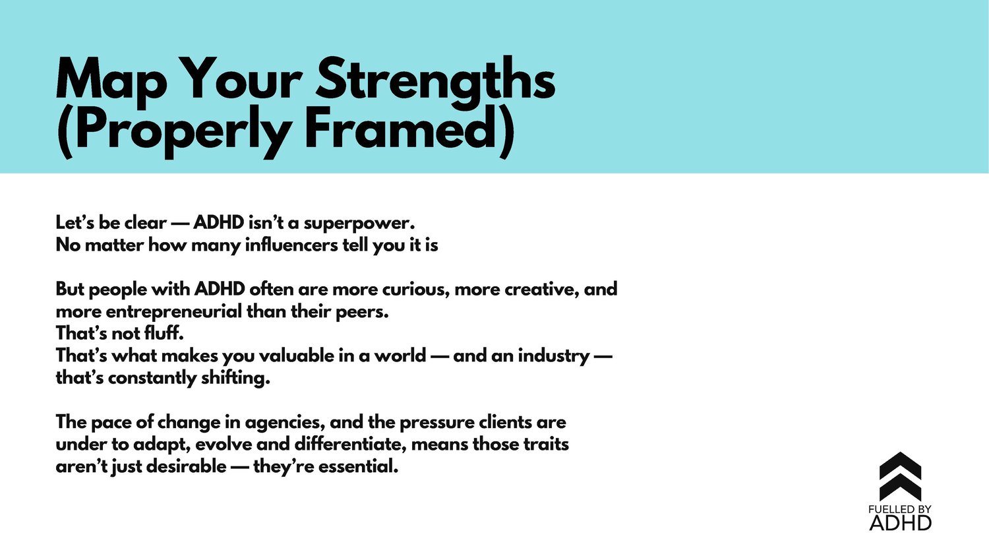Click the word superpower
(x=359, y=224)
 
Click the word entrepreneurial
(x=174, y=312)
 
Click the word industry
(x=554, y=356)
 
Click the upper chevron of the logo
(x=900, y=465)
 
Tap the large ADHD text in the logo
(x=900, y=523)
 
